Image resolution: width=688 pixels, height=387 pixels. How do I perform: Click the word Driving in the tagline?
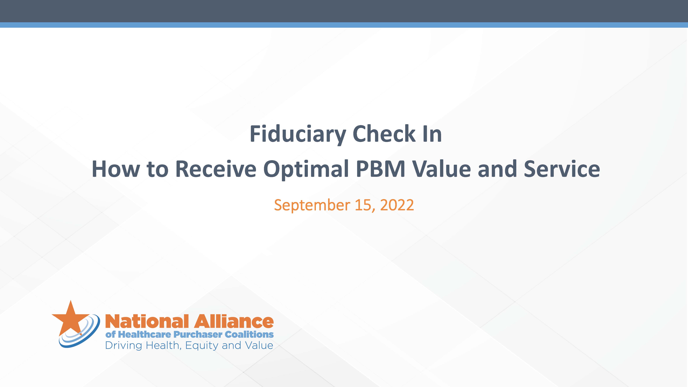[123, 346]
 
